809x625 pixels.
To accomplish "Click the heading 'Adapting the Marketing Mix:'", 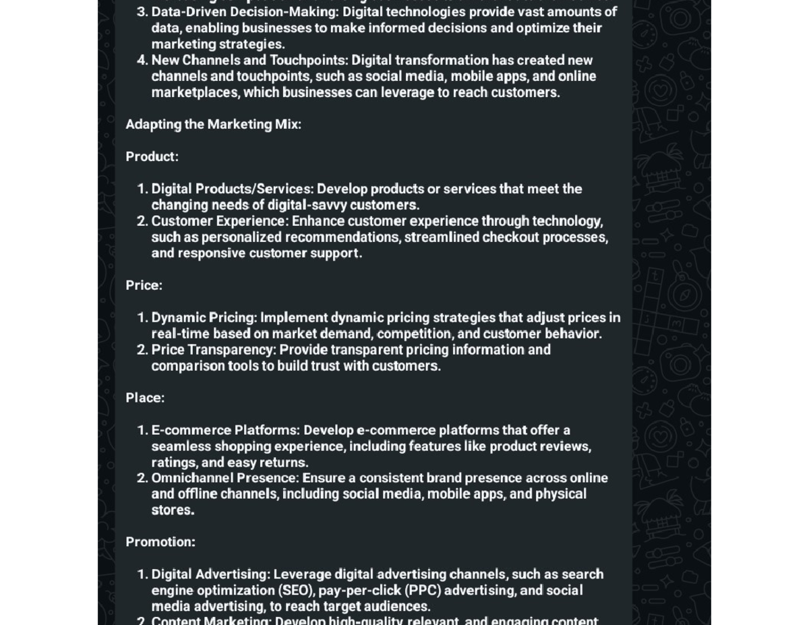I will [213, 124].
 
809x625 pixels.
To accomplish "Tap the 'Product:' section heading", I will [152, 156].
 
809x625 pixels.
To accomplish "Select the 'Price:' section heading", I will [144, 285].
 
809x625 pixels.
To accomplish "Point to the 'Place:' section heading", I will [145, 398].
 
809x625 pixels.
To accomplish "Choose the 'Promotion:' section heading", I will [160, 542].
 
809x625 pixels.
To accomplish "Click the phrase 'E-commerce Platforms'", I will [224, 429].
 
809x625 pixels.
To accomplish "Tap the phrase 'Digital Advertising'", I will [209, 574].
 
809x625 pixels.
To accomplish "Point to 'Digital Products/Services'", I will [231, 188].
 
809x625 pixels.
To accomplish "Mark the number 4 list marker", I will [142, 60].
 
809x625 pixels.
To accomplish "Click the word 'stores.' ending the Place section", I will [173, 510].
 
